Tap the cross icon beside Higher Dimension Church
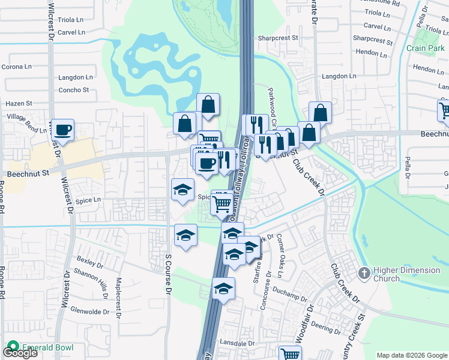363,274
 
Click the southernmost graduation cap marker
223,290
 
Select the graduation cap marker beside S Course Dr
186,236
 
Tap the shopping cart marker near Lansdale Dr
290,354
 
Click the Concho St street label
73,90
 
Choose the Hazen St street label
19,104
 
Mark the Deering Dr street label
326,328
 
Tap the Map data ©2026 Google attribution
412,355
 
